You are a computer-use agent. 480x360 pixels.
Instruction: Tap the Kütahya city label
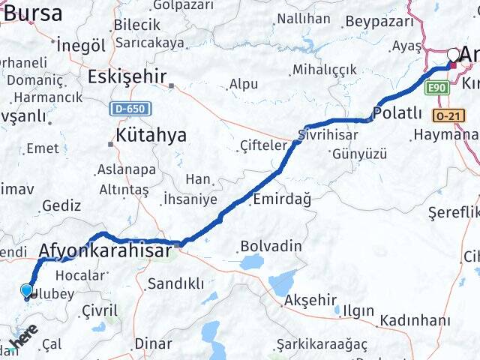click(x=151, y=136)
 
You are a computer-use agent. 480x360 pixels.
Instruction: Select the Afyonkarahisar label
click(x=105, y=250)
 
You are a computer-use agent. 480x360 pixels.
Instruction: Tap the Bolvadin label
click(x=271, y=246)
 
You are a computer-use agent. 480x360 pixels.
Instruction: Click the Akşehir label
click(x=309, y=300)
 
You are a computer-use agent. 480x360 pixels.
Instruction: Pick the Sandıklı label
click(x=175, y=283)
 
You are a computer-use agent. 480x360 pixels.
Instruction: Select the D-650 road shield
click(x=128, y=109)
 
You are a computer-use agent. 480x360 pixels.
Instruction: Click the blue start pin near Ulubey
click(x=27, y=291)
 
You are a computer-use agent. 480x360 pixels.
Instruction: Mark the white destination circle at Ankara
click(x=453, y=55)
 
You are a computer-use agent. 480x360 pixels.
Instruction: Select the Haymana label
click(x=445, y=135)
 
